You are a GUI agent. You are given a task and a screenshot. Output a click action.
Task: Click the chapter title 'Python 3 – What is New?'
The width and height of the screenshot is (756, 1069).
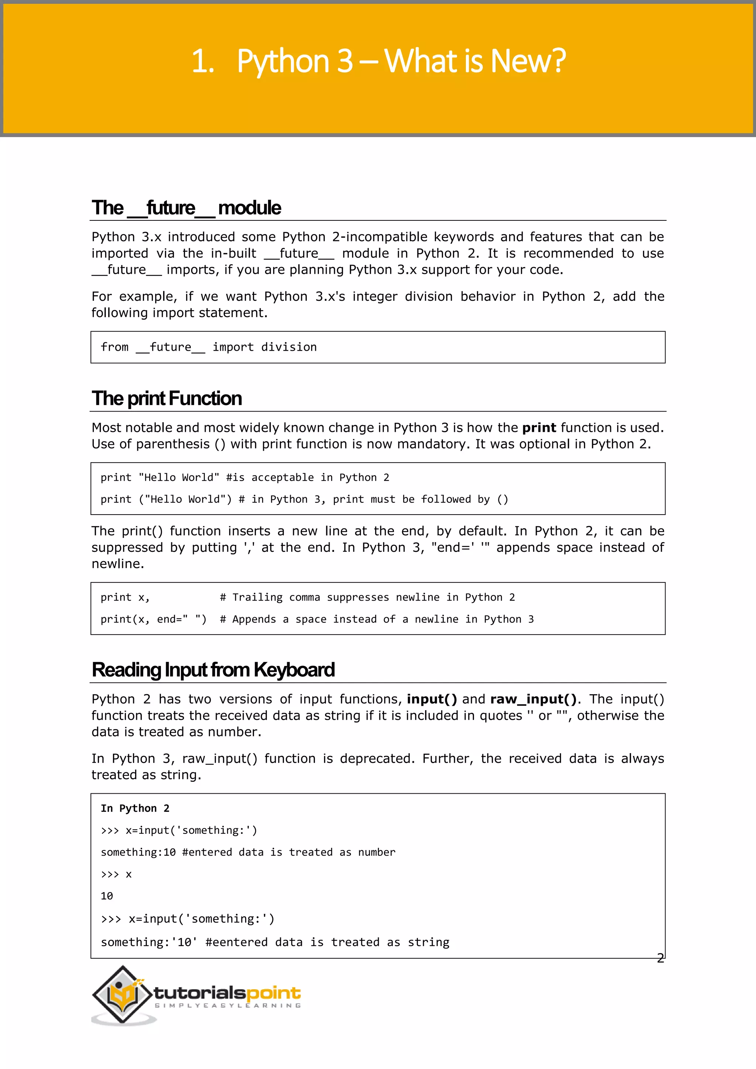401,61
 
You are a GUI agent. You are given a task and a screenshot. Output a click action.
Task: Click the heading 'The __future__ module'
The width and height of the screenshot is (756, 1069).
186,208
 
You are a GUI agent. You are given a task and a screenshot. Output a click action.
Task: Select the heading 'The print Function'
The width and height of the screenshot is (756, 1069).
166,399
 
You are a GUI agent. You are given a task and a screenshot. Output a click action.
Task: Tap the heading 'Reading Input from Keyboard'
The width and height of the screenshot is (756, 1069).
213,670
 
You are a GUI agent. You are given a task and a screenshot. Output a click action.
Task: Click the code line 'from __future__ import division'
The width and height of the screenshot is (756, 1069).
209,347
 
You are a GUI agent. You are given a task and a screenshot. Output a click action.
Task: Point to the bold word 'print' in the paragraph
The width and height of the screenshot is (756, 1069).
539,428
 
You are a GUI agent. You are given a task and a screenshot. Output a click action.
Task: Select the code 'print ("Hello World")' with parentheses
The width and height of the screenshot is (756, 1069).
166,499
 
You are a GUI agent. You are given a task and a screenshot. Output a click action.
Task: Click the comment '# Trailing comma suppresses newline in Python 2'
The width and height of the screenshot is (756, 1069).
367,597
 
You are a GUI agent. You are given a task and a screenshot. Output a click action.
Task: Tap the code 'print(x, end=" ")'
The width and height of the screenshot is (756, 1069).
153,619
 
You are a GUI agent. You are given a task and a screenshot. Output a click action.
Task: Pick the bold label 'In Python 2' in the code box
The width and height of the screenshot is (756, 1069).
135,808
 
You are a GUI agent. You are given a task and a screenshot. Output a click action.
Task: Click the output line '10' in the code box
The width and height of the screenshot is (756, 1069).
107,896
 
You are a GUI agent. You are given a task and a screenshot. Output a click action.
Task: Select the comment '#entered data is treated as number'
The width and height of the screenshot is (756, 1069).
289,852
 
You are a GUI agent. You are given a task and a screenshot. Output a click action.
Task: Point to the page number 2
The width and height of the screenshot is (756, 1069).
660,958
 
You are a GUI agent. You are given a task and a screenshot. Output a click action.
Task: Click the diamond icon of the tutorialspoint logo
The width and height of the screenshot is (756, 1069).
122,994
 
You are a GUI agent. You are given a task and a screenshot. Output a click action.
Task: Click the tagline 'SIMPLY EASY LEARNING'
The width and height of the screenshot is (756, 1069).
228,1006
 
